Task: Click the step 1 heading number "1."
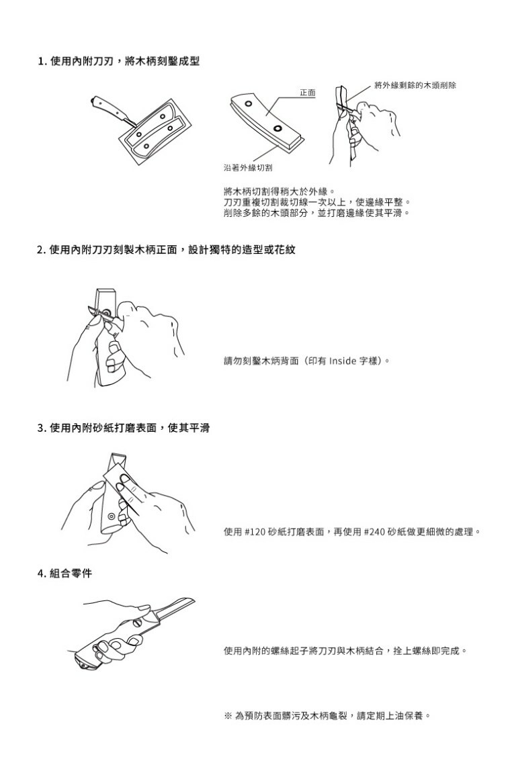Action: tap(42, 62)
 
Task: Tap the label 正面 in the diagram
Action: tap(308, 93)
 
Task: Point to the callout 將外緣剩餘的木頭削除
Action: tap(415, 85)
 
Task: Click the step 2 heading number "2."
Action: tap(42, 250)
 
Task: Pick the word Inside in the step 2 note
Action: tap(343, 361)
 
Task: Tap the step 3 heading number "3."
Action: tap(42, 428)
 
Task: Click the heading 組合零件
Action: tap(71, 574)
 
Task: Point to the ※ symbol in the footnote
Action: tap(228, 717)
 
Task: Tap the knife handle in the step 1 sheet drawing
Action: tap(107, 106)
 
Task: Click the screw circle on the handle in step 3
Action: tap(112, 516)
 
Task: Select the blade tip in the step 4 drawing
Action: tap(193, 599)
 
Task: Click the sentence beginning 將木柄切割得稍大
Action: tap(278, 191)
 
